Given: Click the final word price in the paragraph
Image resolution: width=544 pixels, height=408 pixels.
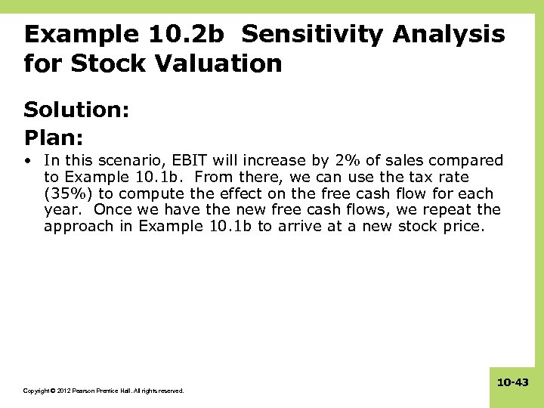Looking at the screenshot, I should point(462,227).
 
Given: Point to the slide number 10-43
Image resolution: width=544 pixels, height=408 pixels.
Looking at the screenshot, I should point(513,383).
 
